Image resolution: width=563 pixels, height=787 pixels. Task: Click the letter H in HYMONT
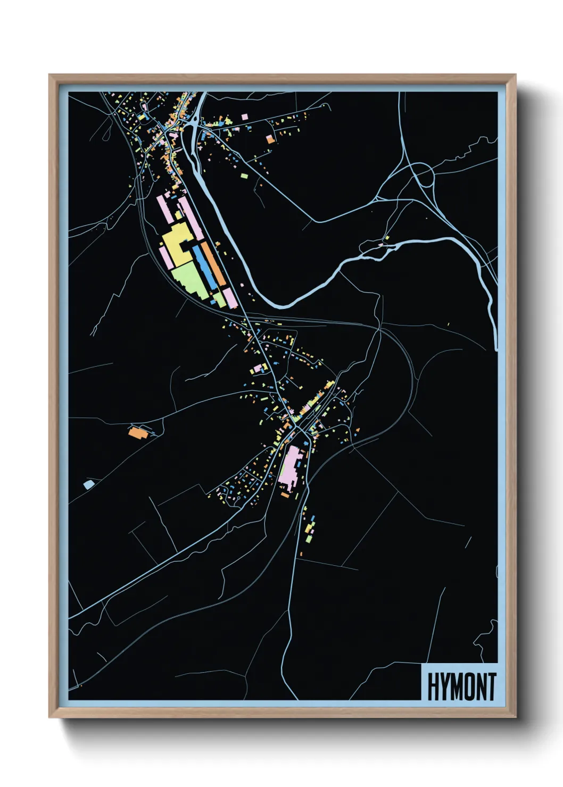pyautogui.click(x=432, y=687)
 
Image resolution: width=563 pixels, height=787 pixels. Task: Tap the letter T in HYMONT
pyautogui.click(x=491, y=687)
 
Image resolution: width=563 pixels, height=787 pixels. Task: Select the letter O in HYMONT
pyautogui.click(x=464, y=687)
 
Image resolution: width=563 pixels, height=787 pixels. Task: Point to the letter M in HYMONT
pyautogui.click(x=452, y=687)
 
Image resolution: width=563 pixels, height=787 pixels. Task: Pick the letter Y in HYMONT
pyautogui.click(x=441, y=687)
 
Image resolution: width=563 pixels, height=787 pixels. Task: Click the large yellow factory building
pyautogui.click(x=176, y=245)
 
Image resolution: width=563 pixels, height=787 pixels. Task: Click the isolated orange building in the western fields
pyautogui.click(x=137, y=432)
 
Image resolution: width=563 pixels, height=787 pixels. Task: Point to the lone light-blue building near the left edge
pyautogui.click(x=88, y=484)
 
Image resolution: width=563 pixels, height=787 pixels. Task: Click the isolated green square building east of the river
pyautogui.click(x=244, y=175)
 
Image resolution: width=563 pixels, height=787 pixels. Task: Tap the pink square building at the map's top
pyautogui.click(x=244, y=116)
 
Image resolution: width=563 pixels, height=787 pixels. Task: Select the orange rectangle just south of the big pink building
pyautogui.click(x=285, y=495)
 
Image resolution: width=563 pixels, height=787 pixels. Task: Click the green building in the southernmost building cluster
pyautogui.click(x=309, y=539)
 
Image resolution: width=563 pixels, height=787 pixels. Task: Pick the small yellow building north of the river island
pyautogui.click(x=387, y=238)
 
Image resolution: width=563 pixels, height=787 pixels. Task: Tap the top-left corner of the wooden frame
pyautogui.click(x=49, y=75)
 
